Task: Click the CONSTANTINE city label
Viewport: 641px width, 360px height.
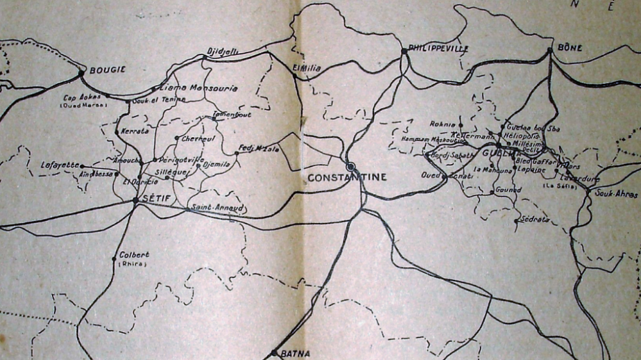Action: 347,177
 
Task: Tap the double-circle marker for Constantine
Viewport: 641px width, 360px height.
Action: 350,167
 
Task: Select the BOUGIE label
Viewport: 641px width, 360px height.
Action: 107,70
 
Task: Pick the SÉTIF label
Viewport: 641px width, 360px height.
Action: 156,199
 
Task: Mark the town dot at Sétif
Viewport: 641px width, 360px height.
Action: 135,200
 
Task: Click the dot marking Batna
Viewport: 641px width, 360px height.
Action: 274,352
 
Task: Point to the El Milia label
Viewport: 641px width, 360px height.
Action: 304,67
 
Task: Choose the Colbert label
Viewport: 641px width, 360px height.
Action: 134,254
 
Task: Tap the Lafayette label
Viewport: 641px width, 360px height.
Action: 60,165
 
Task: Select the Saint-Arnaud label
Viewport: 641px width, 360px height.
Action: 218,208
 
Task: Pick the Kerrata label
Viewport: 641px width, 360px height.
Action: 135,131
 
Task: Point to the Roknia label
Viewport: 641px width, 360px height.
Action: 442,124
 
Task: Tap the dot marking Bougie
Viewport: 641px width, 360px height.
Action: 81,73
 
